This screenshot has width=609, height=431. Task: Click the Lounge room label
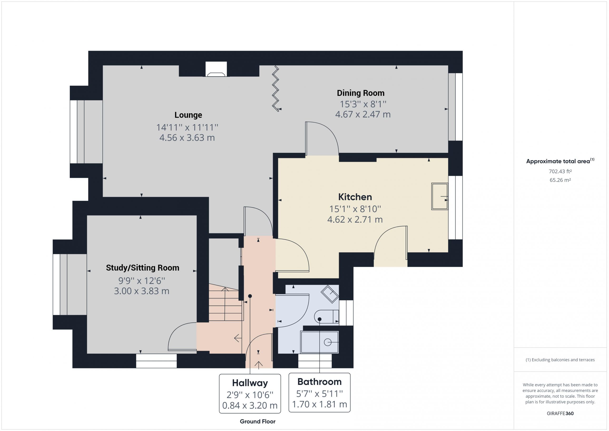(x=188, y=115)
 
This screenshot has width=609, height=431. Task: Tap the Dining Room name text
(x=360, y=93)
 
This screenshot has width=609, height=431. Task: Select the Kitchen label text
(x=355, y=197)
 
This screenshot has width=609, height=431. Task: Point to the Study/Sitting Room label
(x=142, y=268)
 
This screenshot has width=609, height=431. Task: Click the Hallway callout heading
(x=250, y=383)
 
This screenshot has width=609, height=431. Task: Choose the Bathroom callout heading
(x=319, y=382)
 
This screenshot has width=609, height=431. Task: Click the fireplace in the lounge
(x=216, y=69)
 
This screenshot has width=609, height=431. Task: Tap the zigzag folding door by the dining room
(x=275, y=89)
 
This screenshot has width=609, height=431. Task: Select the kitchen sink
(x=440, y=196)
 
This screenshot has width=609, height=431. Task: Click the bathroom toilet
(x=326, y=317)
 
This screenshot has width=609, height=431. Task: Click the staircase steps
(x=226, y=302)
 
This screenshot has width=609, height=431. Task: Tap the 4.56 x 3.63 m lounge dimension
(x=187, y=138)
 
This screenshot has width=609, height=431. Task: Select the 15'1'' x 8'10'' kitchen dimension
(x=355, y=209)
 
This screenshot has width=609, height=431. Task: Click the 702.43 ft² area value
(x=560, y=171)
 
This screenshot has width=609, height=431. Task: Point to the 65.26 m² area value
(x=560, y=180)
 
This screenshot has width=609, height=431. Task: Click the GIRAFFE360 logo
(x=560, y=413)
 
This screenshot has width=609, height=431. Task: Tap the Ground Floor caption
(x=258, y=421)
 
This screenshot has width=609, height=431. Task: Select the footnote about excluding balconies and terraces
(x=560, y=360)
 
